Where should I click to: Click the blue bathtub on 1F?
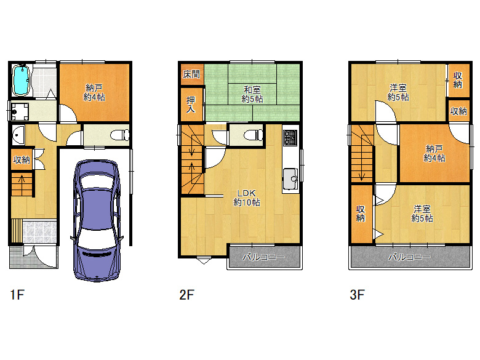pyautogui.click(x=21, y=80)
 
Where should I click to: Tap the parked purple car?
pyautogui.click(x=97, y=220)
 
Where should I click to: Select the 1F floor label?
pyautogui.click(x=17, y=295)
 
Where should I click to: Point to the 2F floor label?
pyautogui.click(x=186, y=295)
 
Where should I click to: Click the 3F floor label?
pyautogui.click(x=357, y=295)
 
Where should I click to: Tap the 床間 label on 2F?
pyautogui.click(x=191, y=74)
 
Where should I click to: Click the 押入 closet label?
pyautogui.click(x=191, y=105)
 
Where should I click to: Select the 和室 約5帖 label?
pyautogui.click(x=252, y=94)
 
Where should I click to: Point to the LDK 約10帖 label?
pyautogui.click(x=247, y=198)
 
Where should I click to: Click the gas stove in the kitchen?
pyautogui.click(x=290, y=137)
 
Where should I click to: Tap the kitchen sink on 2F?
pyautogui.click(x=290, y=179)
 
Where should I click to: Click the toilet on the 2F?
pyautogui.click(x=254, y=135)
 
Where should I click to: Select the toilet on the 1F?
pyautogui.click(x=120, y=135)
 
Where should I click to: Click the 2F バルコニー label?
pyautogui.click(x=264, y=257)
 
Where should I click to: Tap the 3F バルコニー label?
pyautogui.click(x=409, y=257)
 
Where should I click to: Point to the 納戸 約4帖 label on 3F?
pyautogui.click(x=434, y=154)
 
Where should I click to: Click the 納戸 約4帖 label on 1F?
pyautogui.click(x=94, y=93)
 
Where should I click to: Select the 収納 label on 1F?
pyautogui.click(x=22, y=159)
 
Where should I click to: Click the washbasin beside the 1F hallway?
pyautogui.click(x=18, y=135)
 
